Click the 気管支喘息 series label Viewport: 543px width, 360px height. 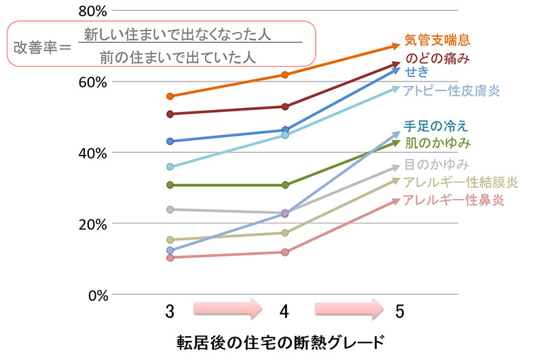436,39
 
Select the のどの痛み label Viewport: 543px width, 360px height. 437,58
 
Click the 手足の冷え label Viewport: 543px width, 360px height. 435,126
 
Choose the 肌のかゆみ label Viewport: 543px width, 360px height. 437,143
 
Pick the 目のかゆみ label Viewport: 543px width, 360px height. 437,164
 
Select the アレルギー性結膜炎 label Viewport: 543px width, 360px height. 460,181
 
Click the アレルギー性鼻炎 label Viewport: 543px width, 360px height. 453,200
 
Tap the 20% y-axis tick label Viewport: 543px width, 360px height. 92,223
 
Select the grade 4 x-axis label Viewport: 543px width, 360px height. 284,311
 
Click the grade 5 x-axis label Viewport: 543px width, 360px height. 399,311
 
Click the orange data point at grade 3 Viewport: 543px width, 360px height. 170,96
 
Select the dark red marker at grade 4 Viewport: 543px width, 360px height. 285,107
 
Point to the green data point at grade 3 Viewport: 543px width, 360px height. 170,185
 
